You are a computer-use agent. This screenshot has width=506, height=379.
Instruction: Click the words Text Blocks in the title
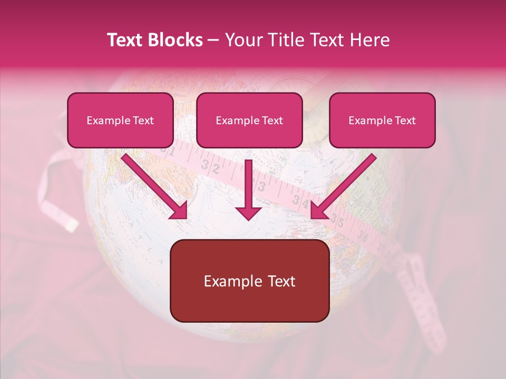tap(155, 40)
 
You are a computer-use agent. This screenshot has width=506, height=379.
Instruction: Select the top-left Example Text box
tap(120, 121)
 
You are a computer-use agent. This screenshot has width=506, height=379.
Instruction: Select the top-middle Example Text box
tap(249, 121)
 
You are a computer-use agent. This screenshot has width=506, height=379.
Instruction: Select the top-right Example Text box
tap(382, 121)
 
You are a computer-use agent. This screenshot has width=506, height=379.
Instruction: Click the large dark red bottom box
tap(250, 281)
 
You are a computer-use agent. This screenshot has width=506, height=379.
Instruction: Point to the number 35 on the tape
tap(337, 221)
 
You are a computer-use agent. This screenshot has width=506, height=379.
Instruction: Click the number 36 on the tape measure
tap(363, 236)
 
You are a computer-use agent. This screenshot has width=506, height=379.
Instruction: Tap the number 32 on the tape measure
tap(214, 168)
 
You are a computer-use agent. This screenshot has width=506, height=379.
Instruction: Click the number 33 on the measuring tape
tap(260, 185)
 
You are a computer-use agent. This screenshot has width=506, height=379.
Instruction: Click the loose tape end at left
tap(58, 195)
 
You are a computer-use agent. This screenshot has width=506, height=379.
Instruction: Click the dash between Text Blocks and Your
tap(213, 40)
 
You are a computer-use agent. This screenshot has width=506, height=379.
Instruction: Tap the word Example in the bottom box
tap(227, 281)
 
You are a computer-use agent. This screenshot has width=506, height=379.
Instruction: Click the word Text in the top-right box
tap(404, 121)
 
